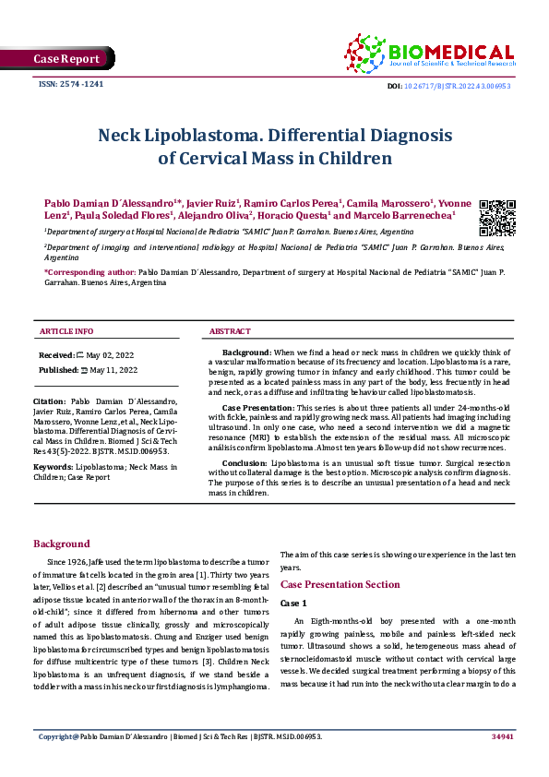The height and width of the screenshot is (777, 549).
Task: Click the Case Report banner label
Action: pyautogui.click(x=66, y=59)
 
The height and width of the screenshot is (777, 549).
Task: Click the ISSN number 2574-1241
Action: pyautogui.click(x=70, y=84)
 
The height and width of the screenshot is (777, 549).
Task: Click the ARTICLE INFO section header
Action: pyautogui.click(x=66, y=330)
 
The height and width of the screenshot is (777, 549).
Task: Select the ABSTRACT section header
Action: pyautogui.click(x=230, y=330)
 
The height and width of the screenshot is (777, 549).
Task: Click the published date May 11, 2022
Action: pyautogui.click(x=113, y=369)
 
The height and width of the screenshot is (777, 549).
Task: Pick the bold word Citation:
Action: pyautogui.click(x=49, y=402)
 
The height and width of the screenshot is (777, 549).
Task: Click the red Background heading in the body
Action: pyautogui.click(x=62, y=544)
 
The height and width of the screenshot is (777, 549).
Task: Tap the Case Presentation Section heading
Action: pyautogui.click(x=340, y=585)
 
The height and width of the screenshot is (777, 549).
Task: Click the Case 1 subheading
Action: pyautogui.click(x=293, y=603)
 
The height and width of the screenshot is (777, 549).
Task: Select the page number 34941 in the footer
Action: pyautogui.click(x=502, y=762)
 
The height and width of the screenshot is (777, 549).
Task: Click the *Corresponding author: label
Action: pyautogui.click(x=89, y=274)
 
